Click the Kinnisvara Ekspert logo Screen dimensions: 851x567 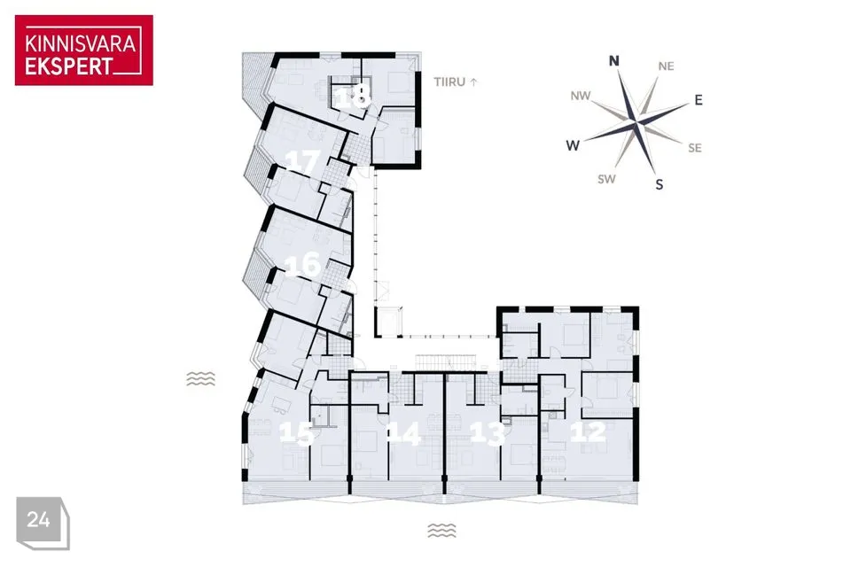pos(84,50)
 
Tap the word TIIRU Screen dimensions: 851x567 pos(449,82)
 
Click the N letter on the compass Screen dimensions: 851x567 pos(613,60)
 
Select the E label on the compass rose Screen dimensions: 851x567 pos(699,100)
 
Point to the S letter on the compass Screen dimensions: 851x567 pos(660,185)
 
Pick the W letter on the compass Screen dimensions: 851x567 pos(573,145)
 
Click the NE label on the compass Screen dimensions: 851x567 pos(666,66)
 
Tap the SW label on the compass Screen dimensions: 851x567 pos(606,179)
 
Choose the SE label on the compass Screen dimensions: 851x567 pos(695,148)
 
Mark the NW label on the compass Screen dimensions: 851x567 pos(580,96)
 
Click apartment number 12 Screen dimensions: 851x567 pos(589,431)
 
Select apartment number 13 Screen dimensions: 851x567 pos(488,433)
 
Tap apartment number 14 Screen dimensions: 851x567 pos(404,433)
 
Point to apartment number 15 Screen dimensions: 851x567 pos(296,433)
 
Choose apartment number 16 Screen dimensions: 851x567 pos(302,265)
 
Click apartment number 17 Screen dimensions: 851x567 pos(303,162)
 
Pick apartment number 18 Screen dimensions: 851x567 pos(354,97)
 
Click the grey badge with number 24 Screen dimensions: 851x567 pos(43,523)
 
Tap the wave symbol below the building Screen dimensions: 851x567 pos(441,530)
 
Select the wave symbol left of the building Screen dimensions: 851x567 pos(201,378)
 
